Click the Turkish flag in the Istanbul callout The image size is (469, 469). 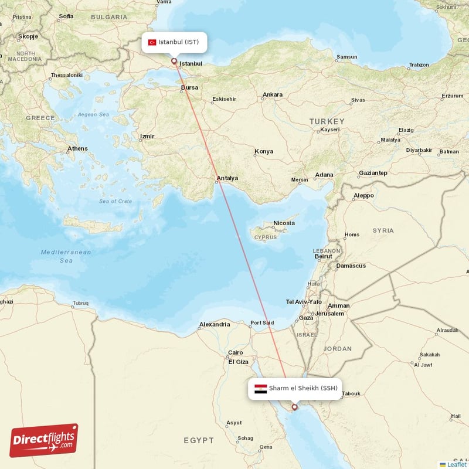pos(152,42)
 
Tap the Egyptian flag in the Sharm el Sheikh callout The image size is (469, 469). pos(261,388)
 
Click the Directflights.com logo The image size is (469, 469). pos(44,440)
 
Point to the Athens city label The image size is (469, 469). pos(77,149)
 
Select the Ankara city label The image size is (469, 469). pos(273,95)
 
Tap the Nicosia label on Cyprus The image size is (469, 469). pos(284,223)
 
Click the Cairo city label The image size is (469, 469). pos(235,353)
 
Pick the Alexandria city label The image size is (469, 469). pos(215,324)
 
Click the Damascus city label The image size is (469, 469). pos(351,266)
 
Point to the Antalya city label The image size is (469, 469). pos(227,178)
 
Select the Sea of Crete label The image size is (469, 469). pos(115,201)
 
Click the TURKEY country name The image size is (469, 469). pos(327,121)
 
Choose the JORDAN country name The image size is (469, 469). pos(338,349)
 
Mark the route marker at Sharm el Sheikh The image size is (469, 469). pos(294,406)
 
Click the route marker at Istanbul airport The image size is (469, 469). pos(174,60)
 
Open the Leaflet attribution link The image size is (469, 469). pos(456,464)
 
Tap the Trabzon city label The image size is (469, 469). pos(419,65)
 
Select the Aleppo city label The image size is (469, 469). pos(363,196)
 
